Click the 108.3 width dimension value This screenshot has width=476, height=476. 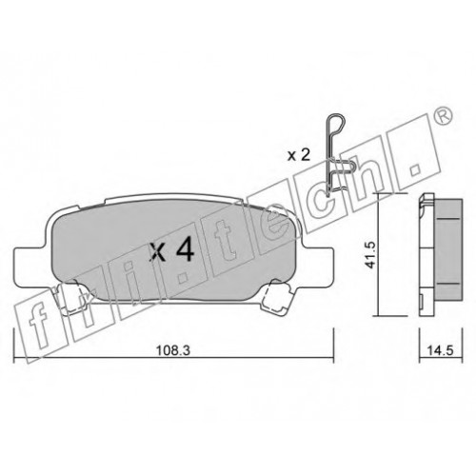tap(173, 350)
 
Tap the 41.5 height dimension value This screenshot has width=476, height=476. tap(370, 254)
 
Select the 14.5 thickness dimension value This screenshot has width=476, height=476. tap(440, 350)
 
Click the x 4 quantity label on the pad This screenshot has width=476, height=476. tap(171, 250)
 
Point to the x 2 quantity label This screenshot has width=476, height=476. tap(299, 156)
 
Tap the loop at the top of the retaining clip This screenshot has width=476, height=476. tap(336, 122)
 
